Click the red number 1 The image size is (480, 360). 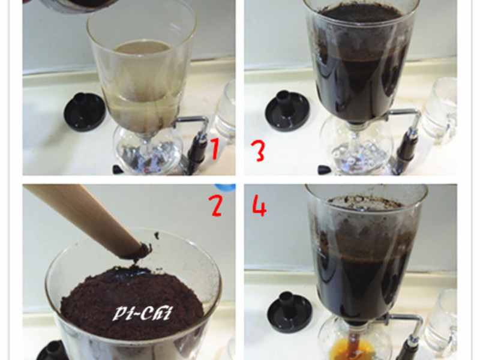click(214, 148)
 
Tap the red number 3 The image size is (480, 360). click(258, 151)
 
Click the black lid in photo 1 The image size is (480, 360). click(85, 111)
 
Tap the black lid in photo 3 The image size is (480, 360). click(287, 110)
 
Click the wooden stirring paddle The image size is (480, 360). click(84, 216)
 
